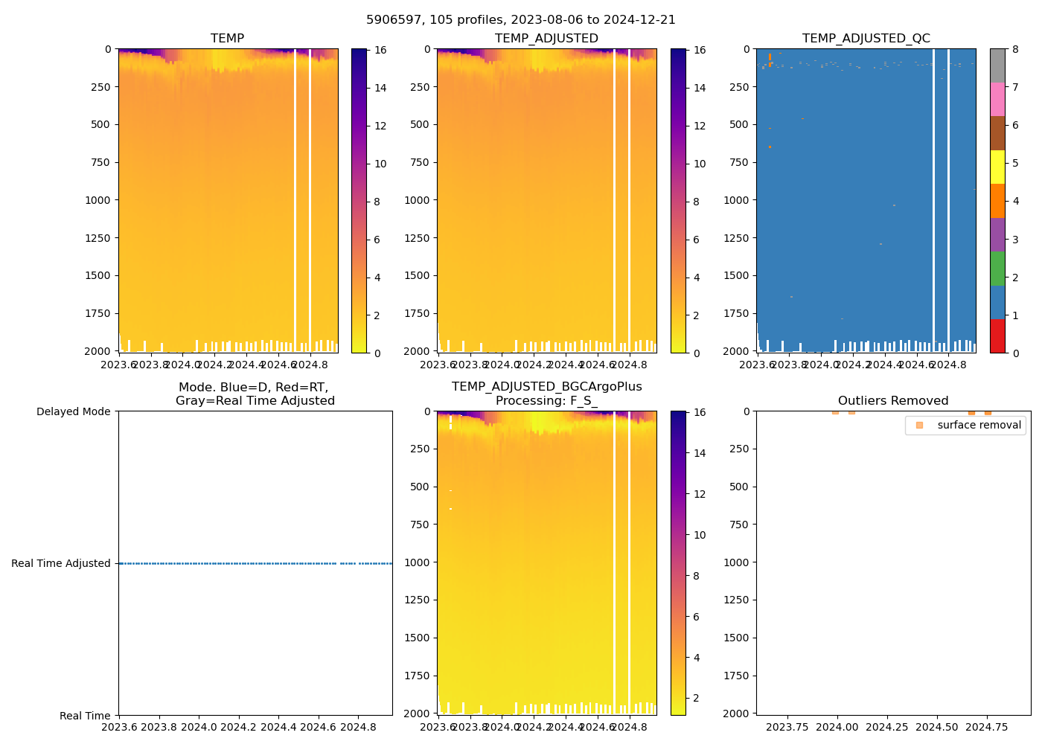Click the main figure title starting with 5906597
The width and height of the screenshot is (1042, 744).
[521, 20]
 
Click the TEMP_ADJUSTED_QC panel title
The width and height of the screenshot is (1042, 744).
[866, 38]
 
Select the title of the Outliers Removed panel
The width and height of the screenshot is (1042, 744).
[893, 400]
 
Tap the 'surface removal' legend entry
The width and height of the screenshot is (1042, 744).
[979, 425]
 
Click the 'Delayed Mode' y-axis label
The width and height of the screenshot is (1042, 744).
[73, 411]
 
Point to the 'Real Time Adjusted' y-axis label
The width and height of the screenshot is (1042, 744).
[60, 563]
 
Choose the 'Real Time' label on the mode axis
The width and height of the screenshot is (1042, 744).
[85, 716]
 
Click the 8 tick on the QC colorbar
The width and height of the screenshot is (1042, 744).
[1016, 50]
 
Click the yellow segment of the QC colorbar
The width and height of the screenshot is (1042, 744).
[997, 167]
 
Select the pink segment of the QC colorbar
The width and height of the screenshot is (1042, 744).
[997, 99]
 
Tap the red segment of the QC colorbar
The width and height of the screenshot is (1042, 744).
[997, 336]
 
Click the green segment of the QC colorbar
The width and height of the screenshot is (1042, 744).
[997, 268]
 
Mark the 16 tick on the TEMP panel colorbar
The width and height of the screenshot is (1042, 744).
[380, 50]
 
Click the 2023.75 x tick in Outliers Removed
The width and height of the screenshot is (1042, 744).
[787, 727]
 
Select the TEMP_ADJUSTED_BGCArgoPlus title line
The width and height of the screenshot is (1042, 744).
[546, 386]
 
